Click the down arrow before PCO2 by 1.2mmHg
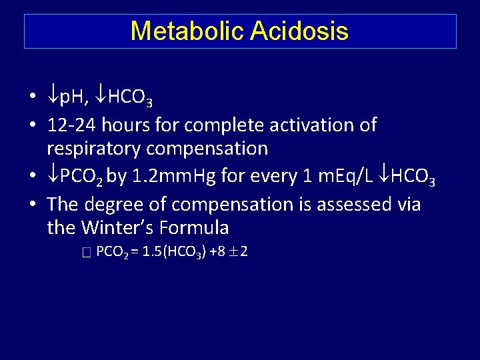click(x=53, y=176)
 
